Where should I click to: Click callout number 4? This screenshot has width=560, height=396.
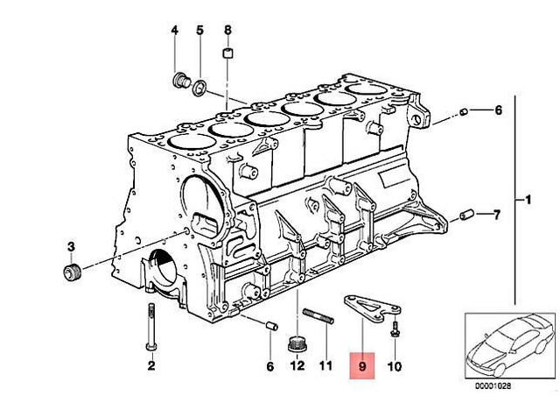174,31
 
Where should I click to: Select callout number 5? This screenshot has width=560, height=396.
200,31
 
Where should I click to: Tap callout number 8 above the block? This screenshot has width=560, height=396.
227,31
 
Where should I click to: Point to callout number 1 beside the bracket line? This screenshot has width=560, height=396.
528,200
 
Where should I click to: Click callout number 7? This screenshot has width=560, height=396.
497,215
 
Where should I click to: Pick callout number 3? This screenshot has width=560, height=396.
71,246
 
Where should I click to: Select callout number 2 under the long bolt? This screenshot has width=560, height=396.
151,365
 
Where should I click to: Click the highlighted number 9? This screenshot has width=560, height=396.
362,366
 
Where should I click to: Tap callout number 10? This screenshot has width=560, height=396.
395,366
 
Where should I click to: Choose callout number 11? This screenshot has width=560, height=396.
325,365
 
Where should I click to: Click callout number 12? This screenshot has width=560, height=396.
297,365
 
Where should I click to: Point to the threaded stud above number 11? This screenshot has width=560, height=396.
318,316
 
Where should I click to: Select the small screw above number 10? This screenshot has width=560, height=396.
395,329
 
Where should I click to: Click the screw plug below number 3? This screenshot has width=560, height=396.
73,273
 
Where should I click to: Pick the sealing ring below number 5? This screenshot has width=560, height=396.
199,88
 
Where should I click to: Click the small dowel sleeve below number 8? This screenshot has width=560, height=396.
227,53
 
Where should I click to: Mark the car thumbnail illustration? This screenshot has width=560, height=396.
509,346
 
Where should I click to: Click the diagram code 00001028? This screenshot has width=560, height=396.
493,385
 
